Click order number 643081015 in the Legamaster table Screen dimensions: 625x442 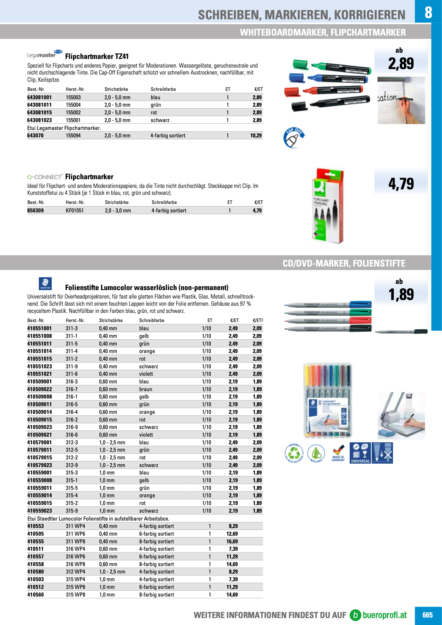click(x=39, y=112)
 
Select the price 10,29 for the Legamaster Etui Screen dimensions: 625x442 click(x=256, y=136)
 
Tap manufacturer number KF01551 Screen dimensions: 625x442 click(x=74, y=210)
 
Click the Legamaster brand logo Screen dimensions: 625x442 click(x=45, y=54)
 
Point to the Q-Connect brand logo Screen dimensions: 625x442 click(x=45, y=177)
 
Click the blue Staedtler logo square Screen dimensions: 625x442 click(x=45, y=284)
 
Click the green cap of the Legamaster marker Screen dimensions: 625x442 click(x=300, y=65)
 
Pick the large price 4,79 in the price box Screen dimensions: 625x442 click(x=401, y=184)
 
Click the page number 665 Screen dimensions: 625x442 click(x=427, y=615)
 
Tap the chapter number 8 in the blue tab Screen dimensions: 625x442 click(x=428, y=12)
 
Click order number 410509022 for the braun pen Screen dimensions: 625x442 click(x=39, y=389)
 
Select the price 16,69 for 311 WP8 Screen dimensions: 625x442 click(x=232, y=541)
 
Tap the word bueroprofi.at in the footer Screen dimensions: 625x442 click(x=384, y=615)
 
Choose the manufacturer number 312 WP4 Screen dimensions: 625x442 click(x=75, y=572)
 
